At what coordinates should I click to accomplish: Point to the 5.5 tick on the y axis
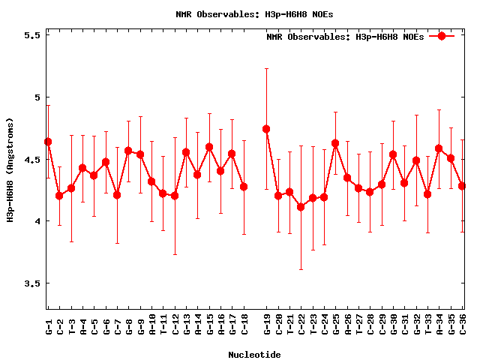(29, 35)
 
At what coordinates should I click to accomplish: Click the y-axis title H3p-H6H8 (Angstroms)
(10, 169)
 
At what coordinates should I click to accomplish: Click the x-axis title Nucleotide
(255, 355)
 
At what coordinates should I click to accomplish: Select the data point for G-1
(48, 142)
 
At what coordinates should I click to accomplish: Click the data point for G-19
(266, 129)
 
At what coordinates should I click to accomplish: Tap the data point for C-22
(301, 207)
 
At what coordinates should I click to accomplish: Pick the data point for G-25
(335, 143)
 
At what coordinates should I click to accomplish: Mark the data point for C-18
(244, 187)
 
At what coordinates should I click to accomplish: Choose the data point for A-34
(439, 148)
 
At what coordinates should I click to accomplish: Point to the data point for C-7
(117, 195)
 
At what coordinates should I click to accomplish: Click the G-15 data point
(209, 147)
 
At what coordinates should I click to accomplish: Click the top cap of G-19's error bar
(266, 69)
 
